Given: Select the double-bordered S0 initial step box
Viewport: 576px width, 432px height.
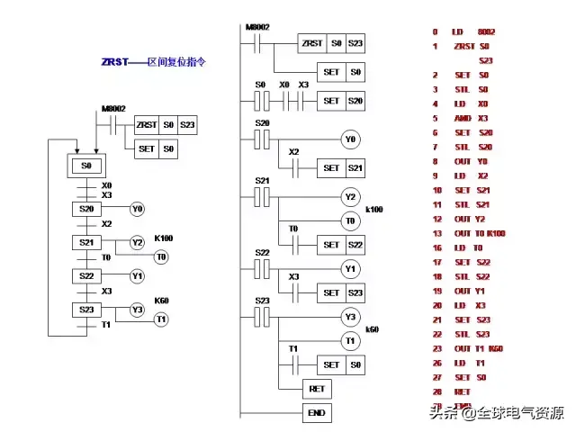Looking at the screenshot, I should (x=86, y=166).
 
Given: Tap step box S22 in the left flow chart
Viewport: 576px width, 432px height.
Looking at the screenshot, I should (x=86, y=275).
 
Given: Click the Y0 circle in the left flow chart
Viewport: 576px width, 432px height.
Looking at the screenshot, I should (x=137, y=209).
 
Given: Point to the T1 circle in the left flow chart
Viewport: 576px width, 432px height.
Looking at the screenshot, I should (x=161, y=319).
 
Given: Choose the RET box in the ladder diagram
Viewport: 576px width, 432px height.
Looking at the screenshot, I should (x=317, y=389).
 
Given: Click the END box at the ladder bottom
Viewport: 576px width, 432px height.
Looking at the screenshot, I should (x=317, y=413).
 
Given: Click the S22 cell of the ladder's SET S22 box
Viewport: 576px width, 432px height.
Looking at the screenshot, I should (x=356, y=245).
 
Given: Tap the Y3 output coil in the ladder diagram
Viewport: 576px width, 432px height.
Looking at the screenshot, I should (x=350, y=317).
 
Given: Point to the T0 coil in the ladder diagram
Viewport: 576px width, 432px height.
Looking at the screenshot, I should (x=350, y=220).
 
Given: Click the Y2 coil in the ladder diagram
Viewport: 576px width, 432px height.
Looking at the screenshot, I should (x=350, y=197).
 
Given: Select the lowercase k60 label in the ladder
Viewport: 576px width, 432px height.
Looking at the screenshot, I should (x=372, y=329).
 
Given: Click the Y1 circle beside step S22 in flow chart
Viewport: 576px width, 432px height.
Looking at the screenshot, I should (x=137, y=275).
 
